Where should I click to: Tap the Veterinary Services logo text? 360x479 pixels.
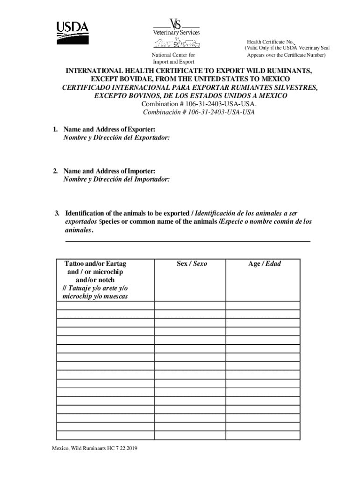[x=176, y=32]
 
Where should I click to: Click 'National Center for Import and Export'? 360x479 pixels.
[x=173, y=58]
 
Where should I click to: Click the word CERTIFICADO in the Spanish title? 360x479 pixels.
[x=86, y=87]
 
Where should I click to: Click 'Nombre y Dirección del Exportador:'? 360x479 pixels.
[x=116, y=138]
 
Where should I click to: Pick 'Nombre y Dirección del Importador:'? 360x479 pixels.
[x=116, y=179]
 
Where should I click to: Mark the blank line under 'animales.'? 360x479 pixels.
[x=187, y=241]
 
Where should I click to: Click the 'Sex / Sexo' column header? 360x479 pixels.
[x=192, y=264]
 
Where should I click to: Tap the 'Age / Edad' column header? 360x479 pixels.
[x=265, y=264]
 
